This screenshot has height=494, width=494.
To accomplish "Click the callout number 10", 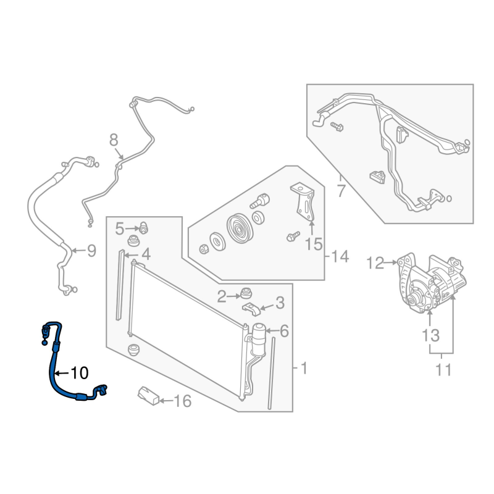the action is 80,374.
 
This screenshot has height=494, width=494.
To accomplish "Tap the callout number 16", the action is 183,401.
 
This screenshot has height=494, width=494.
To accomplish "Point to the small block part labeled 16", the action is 148,396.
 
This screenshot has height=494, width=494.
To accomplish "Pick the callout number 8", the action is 114,140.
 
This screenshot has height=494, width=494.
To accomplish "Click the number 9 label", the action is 91,251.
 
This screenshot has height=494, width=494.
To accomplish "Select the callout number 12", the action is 375,263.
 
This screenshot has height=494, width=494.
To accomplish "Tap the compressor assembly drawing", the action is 431,283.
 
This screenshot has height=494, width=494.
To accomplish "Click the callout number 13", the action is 430,335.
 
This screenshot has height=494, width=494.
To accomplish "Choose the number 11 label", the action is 443,370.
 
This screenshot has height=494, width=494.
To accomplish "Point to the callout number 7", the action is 341,190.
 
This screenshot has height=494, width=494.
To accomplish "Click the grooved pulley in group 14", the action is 239,228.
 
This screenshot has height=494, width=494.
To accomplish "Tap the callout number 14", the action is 340,256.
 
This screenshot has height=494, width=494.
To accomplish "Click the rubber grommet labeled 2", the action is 246,294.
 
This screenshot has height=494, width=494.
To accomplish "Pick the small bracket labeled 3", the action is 251,309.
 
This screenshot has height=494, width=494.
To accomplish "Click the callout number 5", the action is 120,228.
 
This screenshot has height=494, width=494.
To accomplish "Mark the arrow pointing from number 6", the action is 272,331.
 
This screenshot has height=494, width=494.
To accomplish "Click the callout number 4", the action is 146,254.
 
